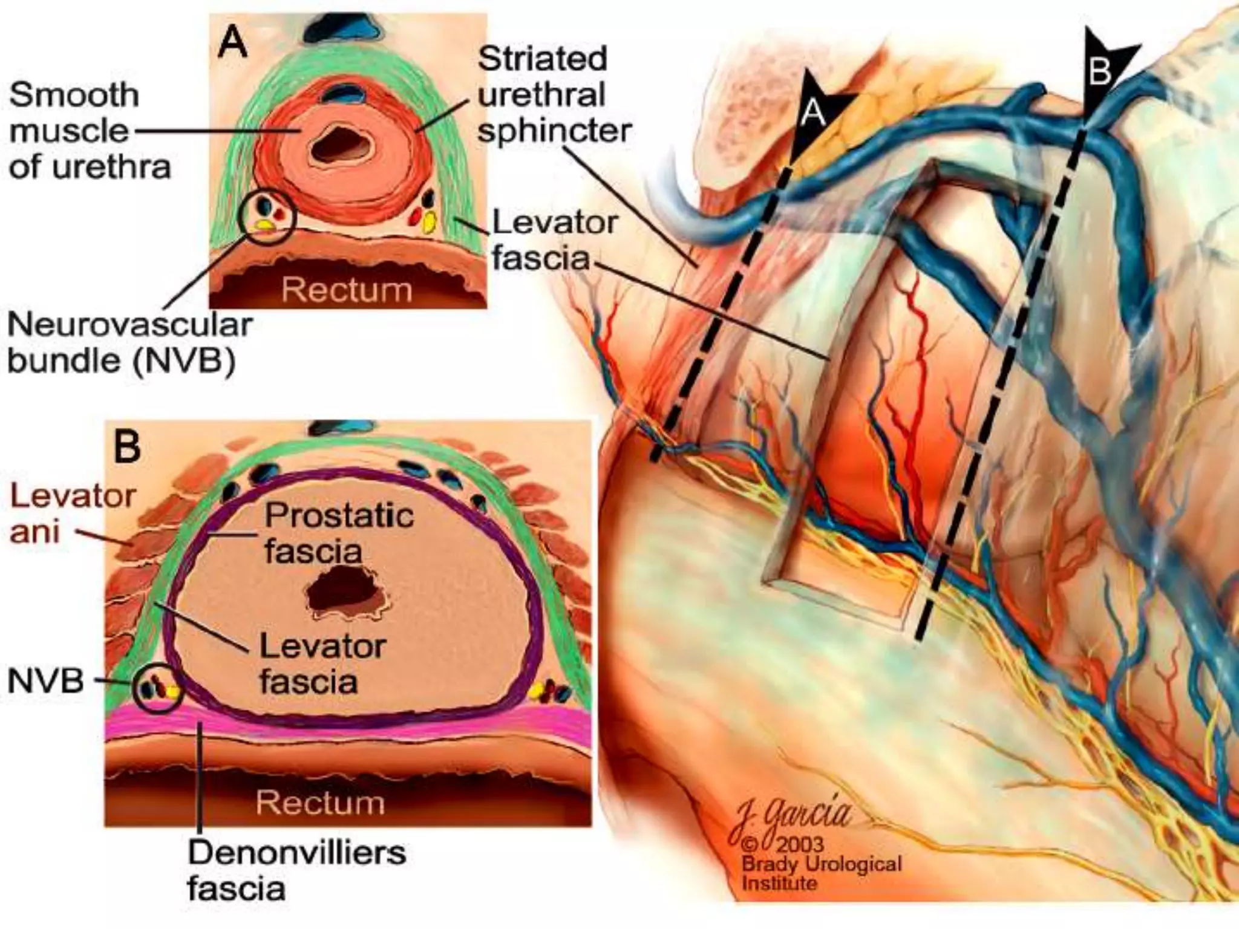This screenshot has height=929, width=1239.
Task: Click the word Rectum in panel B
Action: tap(320, 803)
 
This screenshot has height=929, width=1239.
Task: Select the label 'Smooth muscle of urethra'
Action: tap(90, 131)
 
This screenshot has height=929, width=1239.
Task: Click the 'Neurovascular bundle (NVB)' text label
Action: tap(129, 343)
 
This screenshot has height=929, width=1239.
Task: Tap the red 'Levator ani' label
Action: tap(73, 514)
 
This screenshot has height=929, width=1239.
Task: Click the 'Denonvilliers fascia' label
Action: tap(296, 871)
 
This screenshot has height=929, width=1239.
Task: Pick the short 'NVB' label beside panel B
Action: tap(46, 682)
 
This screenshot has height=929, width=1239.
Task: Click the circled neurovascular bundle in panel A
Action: tap(267, 217)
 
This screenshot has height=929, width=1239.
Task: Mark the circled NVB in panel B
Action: tap(159, 689)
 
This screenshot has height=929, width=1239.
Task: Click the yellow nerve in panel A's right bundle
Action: tap(428, 223)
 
